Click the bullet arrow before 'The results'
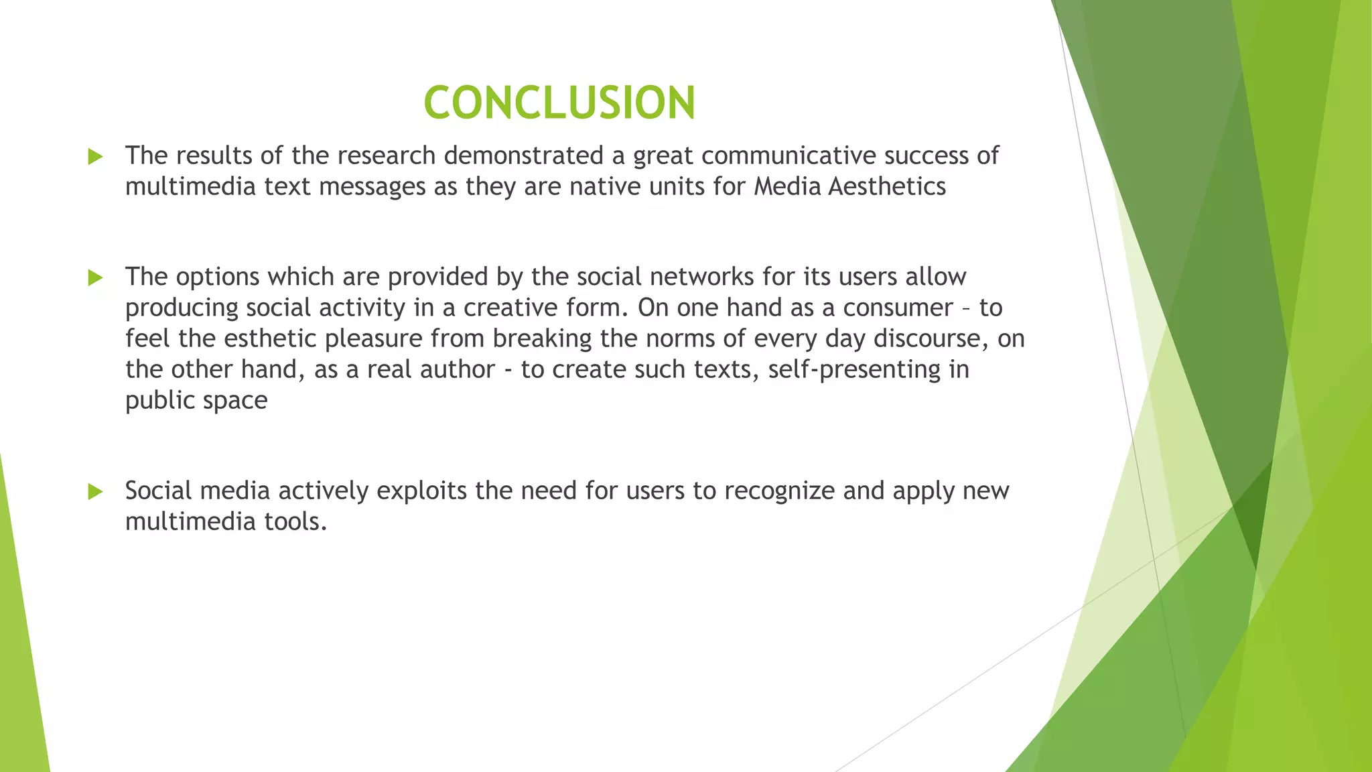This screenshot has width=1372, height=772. [95, 157]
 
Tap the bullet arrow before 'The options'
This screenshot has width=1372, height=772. [95, 277]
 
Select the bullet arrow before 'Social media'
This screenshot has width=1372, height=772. [95, 492]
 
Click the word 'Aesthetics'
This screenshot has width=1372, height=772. [887, 186]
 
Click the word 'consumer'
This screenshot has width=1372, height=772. [898, 308]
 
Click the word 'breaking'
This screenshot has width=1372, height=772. [542, 338]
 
